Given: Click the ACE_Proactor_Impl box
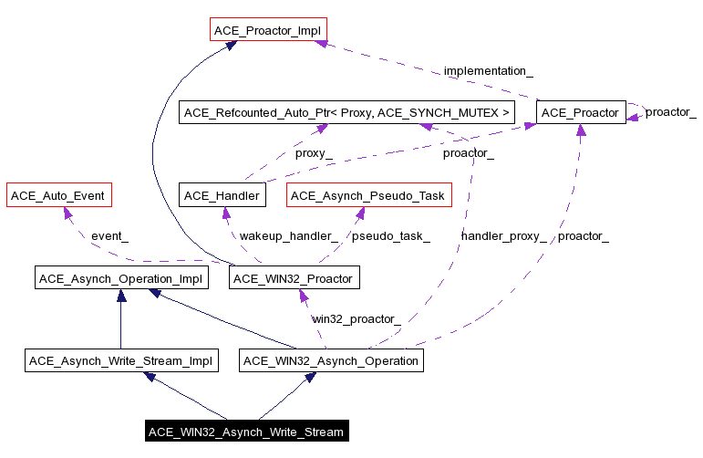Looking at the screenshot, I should pyautogui.click(x=268, y=31).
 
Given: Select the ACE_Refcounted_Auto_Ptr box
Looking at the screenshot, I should pyautogui.click(x=347, y=113).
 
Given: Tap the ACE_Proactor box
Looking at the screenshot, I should pyautogui.click(x=581, y=113).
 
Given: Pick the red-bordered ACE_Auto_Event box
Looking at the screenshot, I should pyautogui.click(x=57, y=195).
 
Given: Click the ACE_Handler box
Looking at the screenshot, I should pyautogui.click(x=222, y=195).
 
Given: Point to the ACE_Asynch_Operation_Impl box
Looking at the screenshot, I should pyautogui.click(x=120, y=277).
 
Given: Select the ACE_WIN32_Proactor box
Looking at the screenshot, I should pyautogui.click(x=291, y=277).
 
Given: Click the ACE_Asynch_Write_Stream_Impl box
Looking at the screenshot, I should pyautogui.click(x=120, y=360).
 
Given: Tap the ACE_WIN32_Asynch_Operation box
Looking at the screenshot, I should pyautogui.click(x=332, y=360).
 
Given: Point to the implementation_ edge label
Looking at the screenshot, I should pyautogui.click(x=488, y=71).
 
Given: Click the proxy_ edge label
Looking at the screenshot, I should pyautogui.click(x=313, y=153).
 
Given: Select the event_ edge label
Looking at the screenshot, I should pyautogui.click(x=109, y=236).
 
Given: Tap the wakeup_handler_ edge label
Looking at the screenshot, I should pyautogui.click(x=288, y=236).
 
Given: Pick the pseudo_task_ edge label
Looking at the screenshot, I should pyautogui.click(x=390, y=236).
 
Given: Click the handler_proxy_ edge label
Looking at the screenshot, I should pyautogui.click(x=503, y=236).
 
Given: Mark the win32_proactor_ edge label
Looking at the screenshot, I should pyautogui.click(x=356, y=318).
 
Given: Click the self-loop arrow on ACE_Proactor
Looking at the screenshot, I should pyautogui.click(x=642, y=112).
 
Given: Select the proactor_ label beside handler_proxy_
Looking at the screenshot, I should pyautogui.click(x=583, y=236).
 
